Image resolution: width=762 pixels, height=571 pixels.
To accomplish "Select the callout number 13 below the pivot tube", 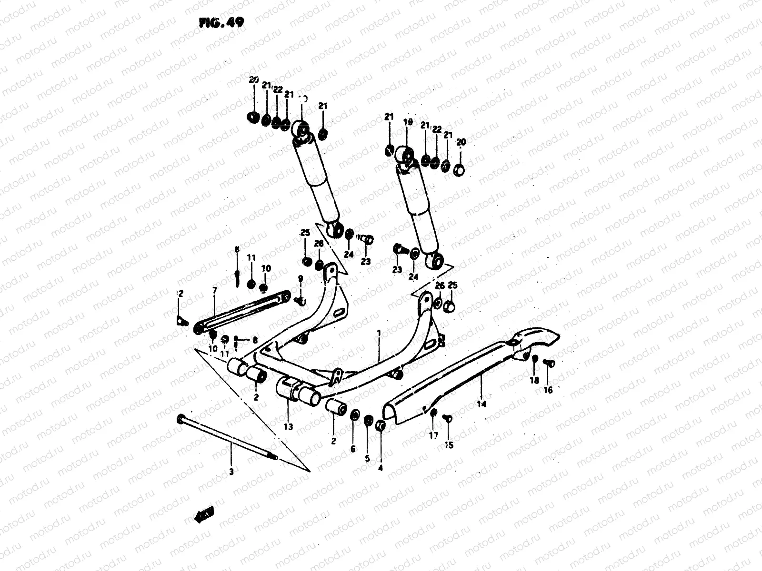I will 289,427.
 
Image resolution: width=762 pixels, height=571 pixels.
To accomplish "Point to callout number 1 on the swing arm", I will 379,334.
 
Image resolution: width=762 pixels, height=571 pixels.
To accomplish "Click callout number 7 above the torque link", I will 214,290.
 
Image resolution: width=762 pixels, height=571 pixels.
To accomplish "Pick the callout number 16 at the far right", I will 548,390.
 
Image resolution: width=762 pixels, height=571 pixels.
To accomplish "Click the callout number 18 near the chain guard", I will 534,380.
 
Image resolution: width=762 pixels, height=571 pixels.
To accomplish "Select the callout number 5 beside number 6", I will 367,458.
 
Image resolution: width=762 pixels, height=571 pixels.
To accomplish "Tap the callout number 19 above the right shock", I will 408,122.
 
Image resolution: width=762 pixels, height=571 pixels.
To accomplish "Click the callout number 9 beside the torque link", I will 301,279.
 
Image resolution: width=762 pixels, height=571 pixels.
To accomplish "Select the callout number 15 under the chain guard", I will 449,445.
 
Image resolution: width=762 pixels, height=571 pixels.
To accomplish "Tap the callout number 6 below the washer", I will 353,449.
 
